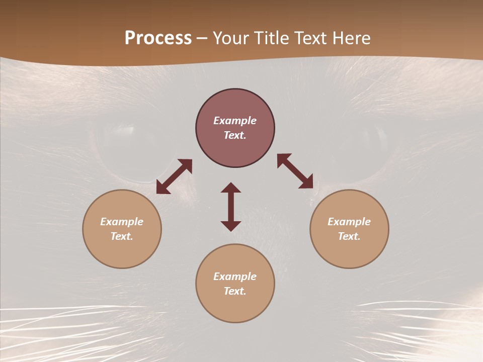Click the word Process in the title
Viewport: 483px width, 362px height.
pos(158,38)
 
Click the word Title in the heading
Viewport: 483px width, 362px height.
pos(271,38)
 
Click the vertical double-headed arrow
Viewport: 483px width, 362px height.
pos(231,207)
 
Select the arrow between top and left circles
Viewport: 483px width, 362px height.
pos(174,176)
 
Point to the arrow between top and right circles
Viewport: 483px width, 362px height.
pos(295,171)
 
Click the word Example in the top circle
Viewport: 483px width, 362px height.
pos(235,121)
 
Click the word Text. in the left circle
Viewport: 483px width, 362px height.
pos(122,236)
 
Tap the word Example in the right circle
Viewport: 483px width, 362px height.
pos(349,222)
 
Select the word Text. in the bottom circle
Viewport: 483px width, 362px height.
pos(235,291)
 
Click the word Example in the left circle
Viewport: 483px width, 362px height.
pos(122,222)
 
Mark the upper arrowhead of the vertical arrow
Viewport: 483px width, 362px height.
pos(231,188)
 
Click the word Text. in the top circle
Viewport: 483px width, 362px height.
pos(235,135)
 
